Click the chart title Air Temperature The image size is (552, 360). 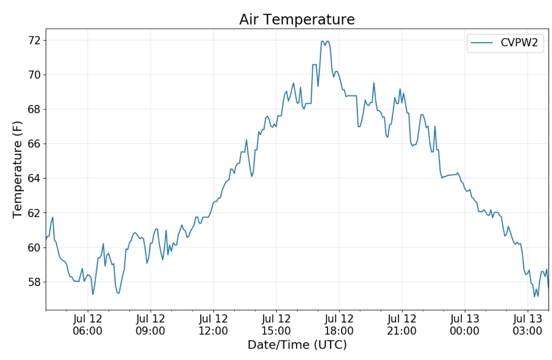[297, 19]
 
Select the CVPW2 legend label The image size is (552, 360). [519, 43]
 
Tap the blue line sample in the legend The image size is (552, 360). [481, 43]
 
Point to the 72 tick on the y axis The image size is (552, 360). [34, 40]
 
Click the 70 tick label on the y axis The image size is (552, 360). [34, 75]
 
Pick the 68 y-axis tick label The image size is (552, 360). [34, 109]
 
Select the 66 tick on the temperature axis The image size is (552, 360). [34, 144]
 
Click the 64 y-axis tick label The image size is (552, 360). [34, 178]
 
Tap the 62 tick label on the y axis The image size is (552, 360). [34, 213]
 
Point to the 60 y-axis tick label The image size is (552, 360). [34, 248]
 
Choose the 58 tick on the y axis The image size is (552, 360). [34, 282]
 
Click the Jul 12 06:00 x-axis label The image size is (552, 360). [88, 325]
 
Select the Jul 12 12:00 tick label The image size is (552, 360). [213, 325]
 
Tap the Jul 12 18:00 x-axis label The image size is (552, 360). [339, 325]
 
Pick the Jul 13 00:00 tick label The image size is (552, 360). [464, 325]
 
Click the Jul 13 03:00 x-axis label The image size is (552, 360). [527, 325]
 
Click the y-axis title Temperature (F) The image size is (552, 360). [18, 169]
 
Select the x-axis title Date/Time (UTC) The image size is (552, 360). [297, 345]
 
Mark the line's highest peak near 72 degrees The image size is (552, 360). [322, 41]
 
